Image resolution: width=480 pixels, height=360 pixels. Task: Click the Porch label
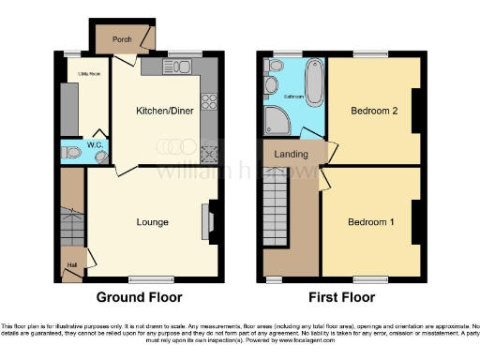[x=121, y=39]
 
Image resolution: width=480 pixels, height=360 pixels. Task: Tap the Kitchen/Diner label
[x=165, y=112]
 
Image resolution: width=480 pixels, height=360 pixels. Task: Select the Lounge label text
[x=152, y=222]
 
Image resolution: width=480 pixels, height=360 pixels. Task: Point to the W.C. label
[x=94, y=145]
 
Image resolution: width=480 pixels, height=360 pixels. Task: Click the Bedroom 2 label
[x=374, y=111]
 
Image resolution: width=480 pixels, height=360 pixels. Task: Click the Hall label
[x=72, y=264]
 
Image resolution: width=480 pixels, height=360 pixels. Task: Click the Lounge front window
[x=144, y=278]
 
